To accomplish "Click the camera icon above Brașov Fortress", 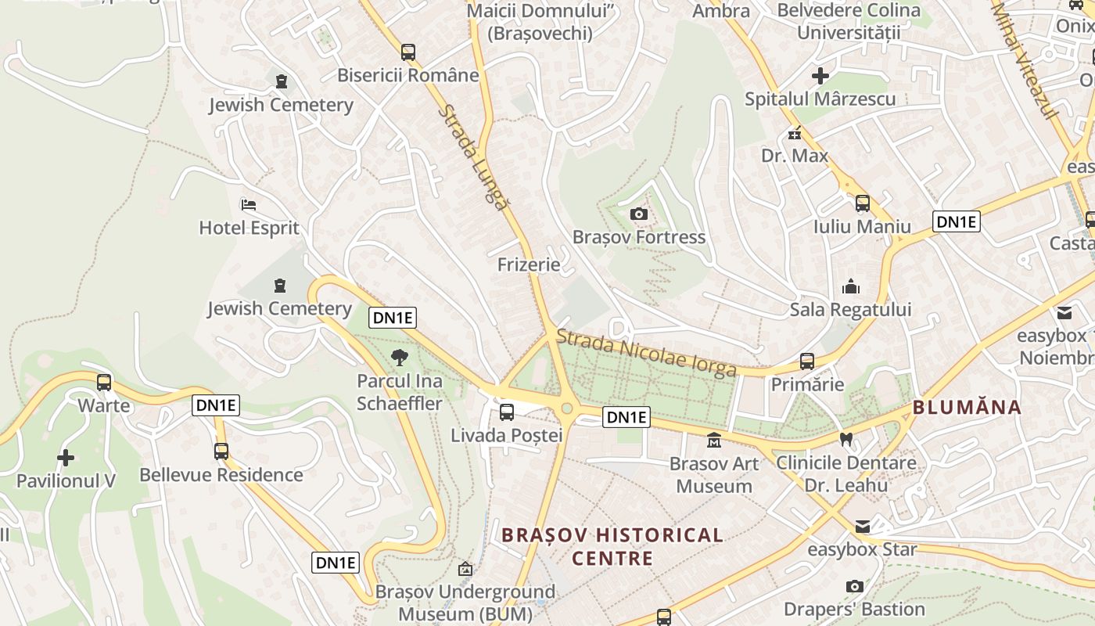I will (x=638, y=214).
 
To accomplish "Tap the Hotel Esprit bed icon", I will (x=249, y=205).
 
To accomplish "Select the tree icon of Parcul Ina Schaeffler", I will (x=399, y=358).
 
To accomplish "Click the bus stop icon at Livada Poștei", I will (x=507, y=412).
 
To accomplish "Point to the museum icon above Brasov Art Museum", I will (x=714, y=441).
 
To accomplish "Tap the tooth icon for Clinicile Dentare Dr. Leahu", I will (x=845, y=440).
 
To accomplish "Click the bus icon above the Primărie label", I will (x=807, y=362).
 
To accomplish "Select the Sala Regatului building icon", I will (x=851, y=287).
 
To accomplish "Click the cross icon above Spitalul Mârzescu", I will (x=820, y=76).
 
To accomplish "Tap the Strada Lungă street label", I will (x=472, y=156).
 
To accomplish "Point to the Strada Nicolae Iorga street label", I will (x=646, y=353).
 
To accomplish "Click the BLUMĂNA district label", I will (x=967, y=408).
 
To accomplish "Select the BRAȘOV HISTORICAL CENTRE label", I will (x=612, y=546).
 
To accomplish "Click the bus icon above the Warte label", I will (x=104, y=383).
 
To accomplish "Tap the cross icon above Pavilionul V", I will (x=66, y=457).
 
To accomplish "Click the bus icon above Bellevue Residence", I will (x=221, y=452).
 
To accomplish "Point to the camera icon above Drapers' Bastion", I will (x=855, y=586).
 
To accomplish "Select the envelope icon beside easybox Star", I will (x=862, y=527).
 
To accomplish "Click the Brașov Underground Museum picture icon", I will (x=465, y=569).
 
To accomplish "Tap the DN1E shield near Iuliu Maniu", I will (x=957, y=222).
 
